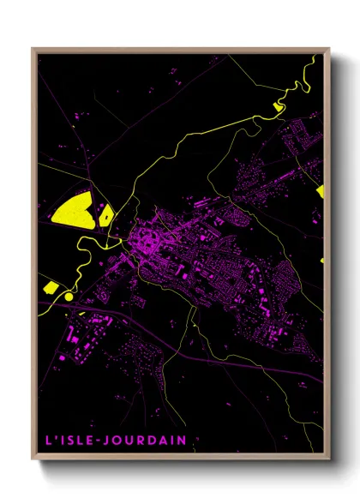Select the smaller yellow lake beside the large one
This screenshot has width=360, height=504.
[x=105, y=214]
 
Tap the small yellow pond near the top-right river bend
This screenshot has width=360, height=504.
[x=278, y=107]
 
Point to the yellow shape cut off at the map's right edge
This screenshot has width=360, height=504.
[x=321, y=191]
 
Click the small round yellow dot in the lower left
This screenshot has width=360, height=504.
[x=69, y=297]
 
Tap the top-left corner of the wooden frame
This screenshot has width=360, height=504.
[x=33, y=50]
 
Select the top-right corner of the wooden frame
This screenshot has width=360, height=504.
[x=327, y=50]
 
